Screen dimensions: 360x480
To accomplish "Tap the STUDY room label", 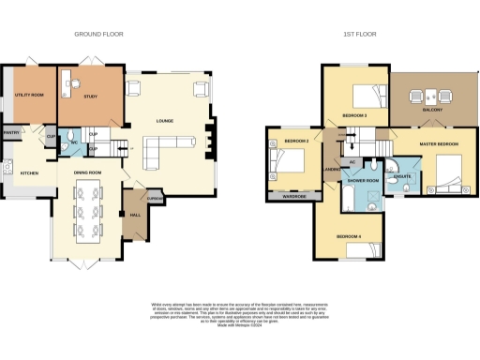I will click(x=92, y=96).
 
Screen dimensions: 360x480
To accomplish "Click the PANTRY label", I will click(x=11, y=133).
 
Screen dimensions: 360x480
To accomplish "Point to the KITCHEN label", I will click(x=30, y=173).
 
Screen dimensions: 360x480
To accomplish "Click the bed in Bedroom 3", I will click(x=367, y=95).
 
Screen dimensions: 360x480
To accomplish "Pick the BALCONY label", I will click(x=431, y=110).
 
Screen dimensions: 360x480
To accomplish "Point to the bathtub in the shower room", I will click(x=348, y=198).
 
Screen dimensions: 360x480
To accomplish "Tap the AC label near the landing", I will click(x=352, y=162).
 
